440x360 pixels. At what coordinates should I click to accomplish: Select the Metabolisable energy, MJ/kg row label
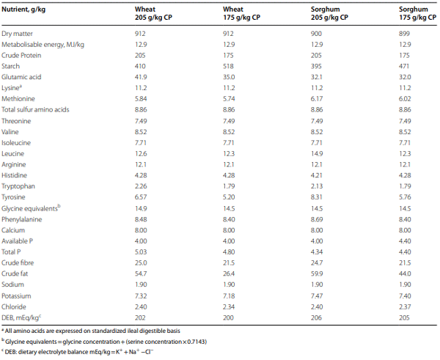point(43,45)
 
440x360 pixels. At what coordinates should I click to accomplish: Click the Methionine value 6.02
point(404,109)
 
